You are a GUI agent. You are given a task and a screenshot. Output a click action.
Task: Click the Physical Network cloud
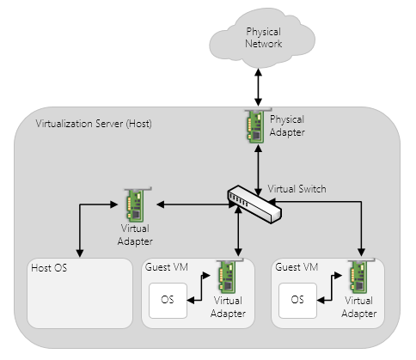pyautogui.click(x=262, y=39)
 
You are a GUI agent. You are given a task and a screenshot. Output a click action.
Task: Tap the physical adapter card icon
pyautogui.click(x=256, y=125)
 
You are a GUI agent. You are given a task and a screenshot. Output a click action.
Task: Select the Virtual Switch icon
pyautogui.click(x=254, y=204)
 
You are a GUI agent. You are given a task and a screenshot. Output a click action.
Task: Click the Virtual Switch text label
pyautogui.click(x=297, y=189)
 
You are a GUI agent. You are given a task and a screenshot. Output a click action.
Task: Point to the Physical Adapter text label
pyautogui.click(x=287, y=126)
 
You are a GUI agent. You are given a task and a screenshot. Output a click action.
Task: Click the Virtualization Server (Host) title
pyautogui.click(x=94, y=124)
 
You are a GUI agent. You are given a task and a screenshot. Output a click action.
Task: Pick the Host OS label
pyautogui.click(x=49, y=268)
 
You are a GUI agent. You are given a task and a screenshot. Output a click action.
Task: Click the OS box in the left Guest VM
pyautogui.click(x=168, y=301)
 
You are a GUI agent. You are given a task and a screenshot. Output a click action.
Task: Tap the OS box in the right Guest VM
pyautogui.click(x=297, y=301)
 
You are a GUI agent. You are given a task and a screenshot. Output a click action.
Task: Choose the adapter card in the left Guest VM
pyautogui.click(x=229, y=276)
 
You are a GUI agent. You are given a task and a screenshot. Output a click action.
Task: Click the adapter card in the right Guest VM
pyautogui.click(x=359, y=276)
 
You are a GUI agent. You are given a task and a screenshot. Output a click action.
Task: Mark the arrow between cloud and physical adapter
pyautogui.click(x=259, y=88)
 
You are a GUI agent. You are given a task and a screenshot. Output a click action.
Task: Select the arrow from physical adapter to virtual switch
pyautogui.click(x=259, y=170)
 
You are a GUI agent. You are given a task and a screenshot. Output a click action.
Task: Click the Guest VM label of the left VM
pyautogui.click(x=167, y=267)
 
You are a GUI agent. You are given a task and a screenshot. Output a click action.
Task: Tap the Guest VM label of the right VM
pyautogui.click(x=297, y=267)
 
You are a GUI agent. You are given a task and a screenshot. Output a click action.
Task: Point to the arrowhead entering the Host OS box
pyautogui.click(x=80, y=253)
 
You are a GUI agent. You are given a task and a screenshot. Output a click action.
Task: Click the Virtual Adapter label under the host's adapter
pyautogui.click(x=135, y=235)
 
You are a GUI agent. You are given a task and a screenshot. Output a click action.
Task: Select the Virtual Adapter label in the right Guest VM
pyautogui.click(x=359, y=307)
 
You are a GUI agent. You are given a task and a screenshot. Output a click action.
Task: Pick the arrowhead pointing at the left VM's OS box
pyautogui.click(x=191, y=301)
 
